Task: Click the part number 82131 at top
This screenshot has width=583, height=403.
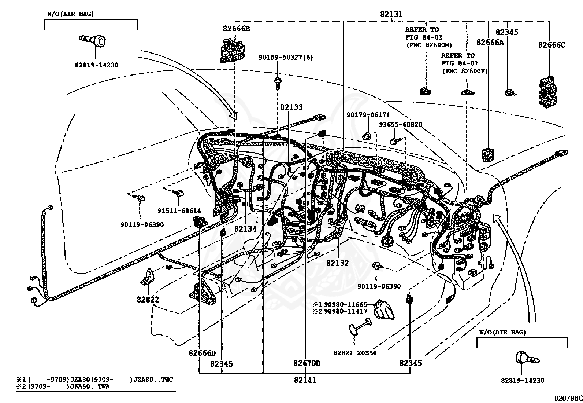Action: click(x=391, y=14)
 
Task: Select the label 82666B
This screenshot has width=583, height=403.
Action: click(x=236, y=28)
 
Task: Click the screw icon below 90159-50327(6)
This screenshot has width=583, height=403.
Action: click(x=278, y=83)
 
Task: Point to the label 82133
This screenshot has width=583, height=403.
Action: click(x=291, y=107)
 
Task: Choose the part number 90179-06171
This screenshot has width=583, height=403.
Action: click(x=368, y=115)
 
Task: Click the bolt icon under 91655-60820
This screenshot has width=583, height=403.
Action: click(x=396, y=140)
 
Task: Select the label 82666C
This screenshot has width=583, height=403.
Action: click(x=552, y=45)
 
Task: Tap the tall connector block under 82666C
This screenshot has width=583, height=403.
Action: click(x=548, y=92)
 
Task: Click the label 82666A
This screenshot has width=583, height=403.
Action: click(x=490, y=43)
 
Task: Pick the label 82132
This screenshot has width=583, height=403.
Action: click(x=337, y=263)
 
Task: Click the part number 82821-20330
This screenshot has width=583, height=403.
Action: click(x=355, y=353)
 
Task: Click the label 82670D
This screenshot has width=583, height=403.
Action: click(x=307, y=363)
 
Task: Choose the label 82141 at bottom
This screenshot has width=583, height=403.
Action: click(x=305, y=380)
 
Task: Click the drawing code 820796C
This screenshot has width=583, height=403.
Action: click(x=568, y=398)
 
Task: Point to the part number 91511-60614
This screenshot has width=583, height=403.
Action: click(x=179, y=210)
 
